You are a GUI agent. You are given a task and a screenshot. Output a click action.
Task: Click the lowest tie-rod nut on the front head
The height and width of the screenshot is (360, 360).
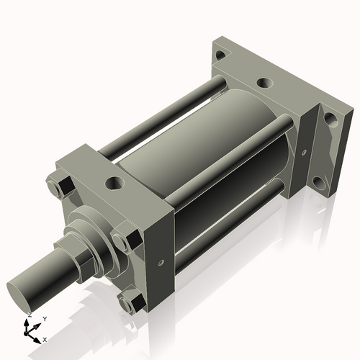pyautogui.click(x=130, y=303)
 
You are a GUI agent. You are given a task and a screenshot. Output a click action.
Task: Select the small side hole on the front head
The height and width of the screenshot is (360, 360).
pyautogui.click(x=163, y=262)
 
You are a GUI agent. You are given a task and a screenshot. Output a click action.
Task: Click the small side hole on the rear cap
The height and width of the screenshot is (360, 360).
pyautogui.click(x=304, y=153)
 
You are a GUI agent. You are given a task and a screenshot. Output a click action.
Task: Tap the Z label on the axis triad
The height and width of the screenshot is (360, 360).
pyautogui.click(x=28, y=315)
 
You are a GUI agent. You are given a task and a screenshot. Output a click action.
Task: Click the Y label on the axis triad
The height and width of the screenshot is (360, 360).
pyautogui.click(x=45, y=319)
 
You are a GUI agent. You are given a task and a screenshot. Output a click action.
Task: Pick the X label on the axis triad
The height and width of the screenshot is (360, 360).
pyautogui.click(x=45, y=338)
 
